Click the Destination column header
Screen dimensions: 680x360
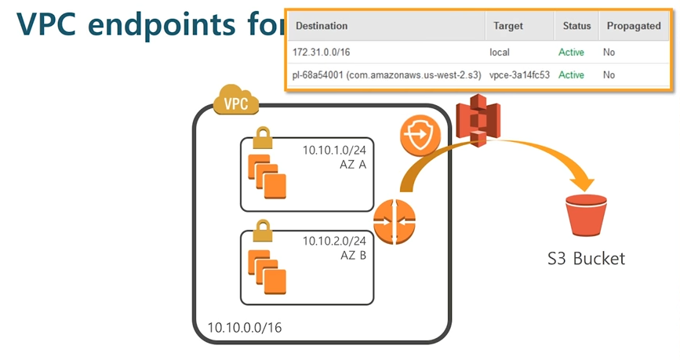point(322,26)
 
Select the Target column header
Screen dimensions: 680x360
point(508,26)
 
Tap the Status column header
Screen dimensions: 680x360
point(576,26)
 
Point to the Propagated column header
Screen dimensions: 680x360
point(634,26)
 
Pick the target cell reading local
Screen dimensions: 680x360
point(500,53)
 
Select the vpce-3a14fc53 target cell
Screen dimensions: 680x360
point(519,75)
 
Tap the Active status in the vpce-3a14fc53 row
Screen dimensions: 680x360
point(571,75)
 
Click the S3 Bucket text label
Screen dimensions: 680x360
point(587,258)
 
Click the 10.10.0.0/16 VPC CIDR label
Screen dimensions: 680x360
point(244,327)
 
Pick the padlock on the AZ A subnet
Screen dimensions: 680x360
point(261,139)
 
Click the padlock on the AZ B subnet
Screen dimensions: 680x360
point(261,230)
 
